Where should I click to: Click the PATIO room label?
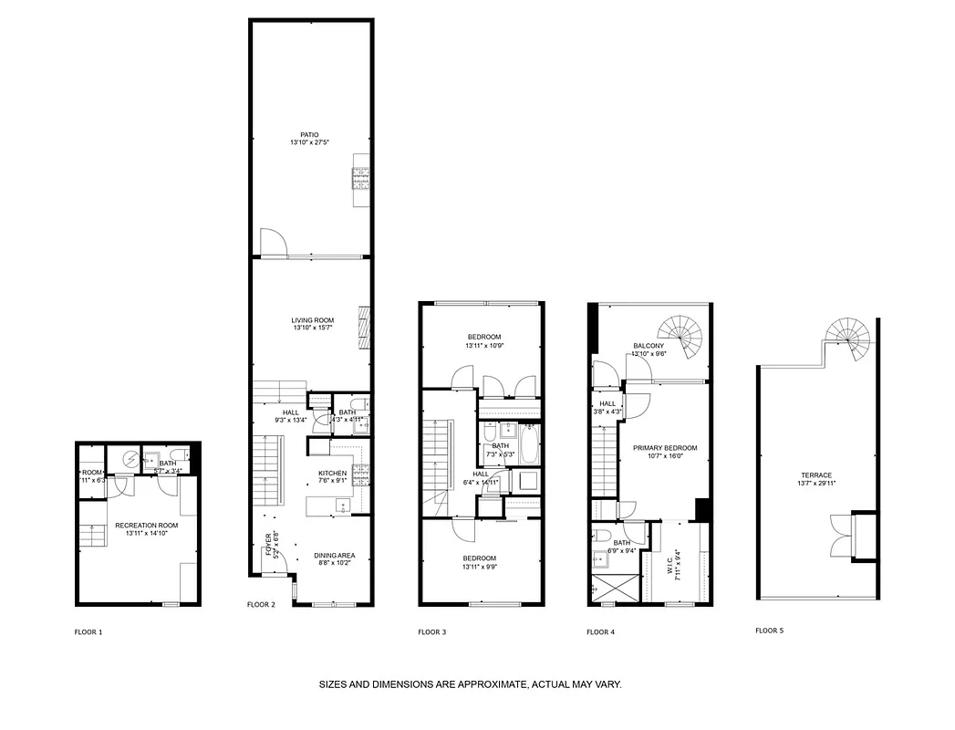310,135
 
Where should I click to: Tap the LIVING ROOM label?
312,320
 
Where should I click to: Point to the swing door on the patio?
274,242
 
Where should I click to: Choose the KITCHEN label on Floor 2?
332,473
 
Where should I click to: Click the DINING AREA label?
334,556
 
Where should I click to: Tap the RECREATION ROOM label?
146,526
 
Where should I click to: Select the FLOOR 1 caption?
88,631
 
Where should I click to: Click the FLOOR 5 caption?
770,631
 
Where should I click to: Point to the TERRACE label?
816,475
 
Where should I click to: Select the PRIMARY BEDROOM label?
665,448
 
